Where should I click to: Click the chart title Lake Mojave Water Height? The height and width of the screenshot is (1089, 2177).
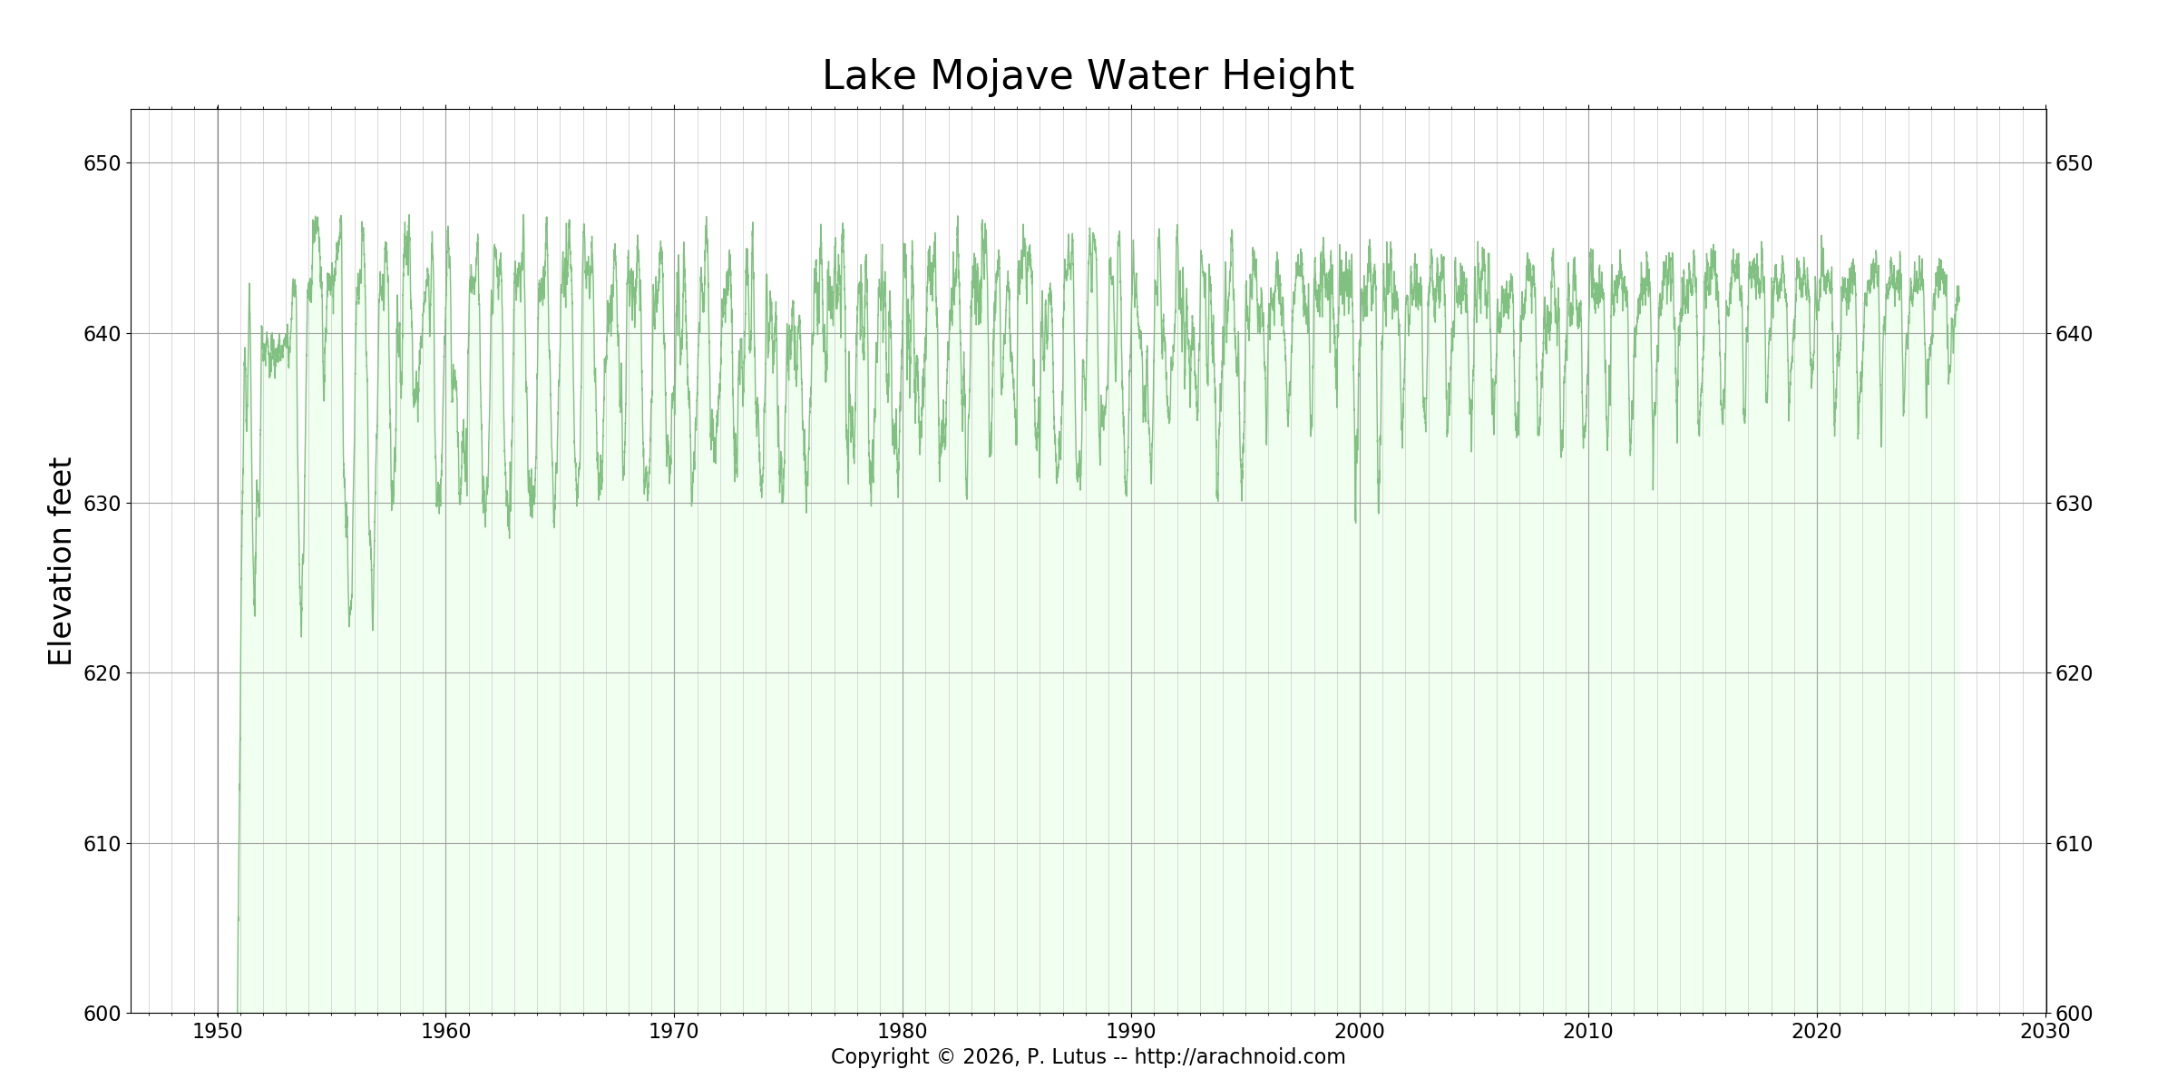(1088, 76)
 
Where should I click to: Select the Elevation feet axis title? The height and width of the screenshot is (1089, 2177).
(61, 561)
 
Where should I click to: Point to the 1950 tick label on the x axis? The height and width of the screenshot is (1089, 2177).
(218, 1032)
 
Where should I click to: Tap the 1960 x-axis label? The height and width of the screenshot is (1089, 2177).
(445, 1032)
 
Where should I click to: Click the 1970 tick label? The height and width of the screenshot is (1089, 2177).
(674, 1032)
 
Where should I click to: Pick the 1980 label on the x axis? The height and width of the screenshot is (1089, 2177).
(903, 1032)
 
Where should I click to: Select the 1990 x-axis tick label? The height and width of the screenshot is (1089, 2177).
(1131, 1032)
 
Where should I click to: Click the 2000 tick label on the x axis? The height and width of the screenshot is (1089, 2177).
(1360, 1032)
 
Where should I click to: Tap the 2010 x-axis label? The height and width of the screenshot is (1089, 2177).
(1588, 1032)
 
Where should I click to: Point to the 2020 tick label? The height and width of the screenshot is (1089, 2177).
(1817, 1032)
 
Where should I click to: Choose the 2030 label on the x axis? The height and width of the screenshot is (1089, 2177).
(2045, 1032)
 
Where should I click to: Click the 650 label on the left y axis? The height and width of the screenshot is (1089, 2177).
(103, 164)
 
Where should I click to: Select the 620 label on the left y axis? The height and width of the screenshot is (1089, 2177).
(103, 673)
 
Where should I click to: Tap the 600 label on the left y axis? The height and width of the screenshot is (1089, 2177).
(103, 1014)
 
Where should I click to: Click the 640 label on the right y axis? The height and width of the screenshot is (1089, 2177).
(2074, 334)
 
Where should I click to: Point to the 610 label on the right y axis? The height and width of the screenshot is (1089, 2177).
(2074, 844)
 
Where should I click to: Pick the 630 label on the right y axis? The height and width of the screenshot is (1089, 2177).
(2074, 504)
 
